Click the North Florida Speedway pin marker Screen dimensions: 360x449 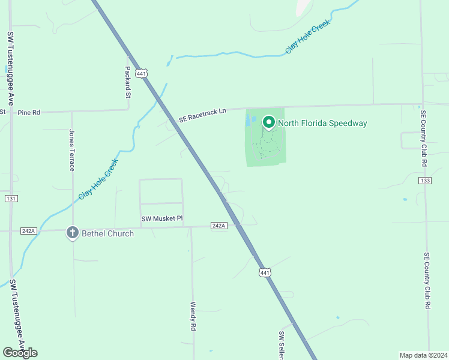[x=268, y=122]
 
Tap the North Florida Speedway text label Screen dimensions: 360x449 [x=322, y=124]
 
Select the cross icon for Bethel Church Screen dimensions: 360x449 [x=73, y=233]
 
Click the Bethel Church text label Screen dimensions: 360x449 [x=107, y=233]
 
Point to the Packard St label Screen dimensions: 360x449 [x=128, y=82]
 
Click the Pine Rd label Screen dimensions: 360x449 [x=29, y=112]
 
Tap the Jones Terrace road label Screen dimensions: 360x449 [x=72, y=150]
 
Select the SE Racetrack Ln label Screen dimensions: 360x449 [x=202, y=116]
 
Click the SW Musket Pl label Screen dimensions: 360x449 [x=161, y=219]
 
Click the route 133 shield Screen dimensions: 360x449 [x=426, y=181]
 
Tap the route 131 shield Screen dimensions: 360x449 [x=11, y=199]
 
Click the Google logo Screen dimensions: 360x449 [x=20, y=353]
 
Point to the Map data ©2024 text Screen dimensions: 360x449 [x=423, y=355]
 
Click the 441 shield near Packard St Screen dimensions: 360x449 [x=141, y=73]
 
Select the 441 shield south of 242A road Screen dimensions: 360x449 [x=264, y=273]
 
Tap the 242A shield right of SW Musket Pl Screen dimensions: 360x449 [x=219, y=226]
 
